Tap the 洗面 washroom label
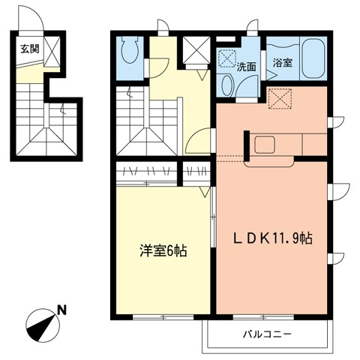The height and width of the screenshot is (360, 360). coord(247,66)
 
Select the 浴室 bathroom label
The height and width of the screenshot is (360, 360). coord(283,63)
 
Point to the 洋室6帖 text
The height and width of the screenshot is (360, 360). coord(163,251)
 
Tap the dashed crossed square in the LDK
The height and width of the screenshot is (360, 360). coord(278,97)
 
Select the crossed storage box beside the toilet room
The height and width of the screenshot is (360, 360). coord(196,52)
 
